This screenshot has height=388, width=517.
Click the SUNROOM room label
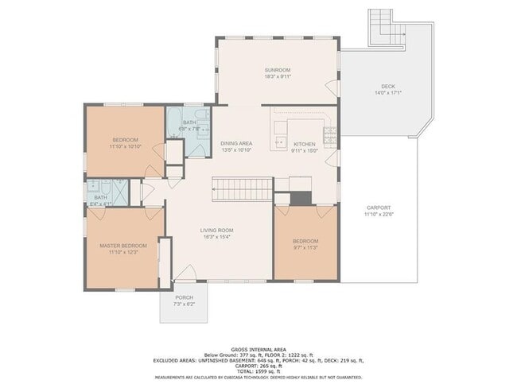278,70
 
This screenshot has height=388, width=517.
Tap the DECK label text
387,86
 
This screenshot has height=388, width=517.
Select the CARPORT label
378,208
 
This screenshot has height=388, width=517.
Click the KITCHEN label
304,143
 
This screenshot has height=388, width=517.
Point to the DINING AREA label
236,143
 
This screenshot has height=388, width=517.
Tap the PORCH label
184,298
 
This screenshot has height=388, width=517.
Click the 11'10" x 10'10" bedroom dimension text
125,146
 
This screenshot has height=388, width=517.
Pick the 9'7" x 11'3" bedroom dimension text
305,247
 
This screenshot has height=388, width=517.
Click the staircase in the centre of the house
242,189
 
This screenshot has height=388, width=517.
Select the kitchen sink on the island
279,143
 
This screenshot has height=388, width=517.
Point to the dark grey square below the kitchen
301,198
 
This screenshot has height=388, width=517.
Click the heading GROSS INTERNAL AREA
258,349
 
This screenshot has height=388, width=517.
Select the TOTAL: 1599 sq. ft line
258,372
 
